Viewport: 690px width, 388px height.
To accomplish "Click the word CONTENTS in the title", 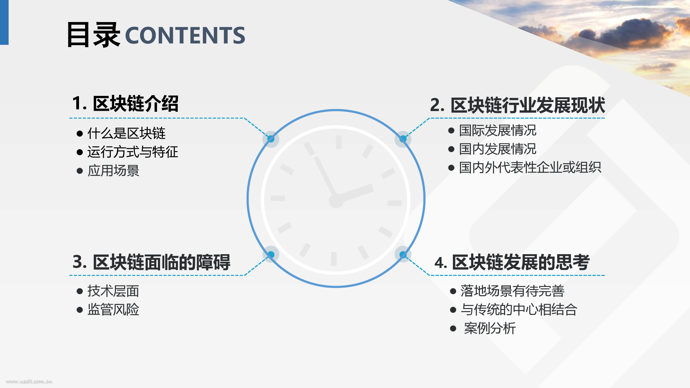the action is point(185,35).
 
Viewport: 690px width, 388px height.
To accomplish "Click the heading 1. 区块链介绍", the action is point(125,103).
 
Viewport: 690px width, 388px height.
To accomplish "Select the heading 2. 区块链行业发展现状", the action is point(517,105).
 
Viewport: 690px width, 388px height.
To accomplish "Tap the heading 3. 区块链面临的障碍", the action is point(151,262).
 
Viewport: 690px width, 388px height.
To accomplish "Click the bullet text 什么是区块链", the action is point(126,133).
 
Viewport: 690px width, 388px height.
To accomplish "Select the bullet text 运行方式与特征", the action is point(133,152).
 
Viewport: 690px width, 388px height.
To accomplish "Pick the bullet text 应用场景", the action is point(113,170).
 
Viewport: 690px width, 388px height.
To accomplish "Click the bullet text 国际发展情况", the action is point(497,130).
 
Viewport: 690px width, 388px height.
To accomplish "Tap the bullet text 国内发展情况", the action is point(497,149).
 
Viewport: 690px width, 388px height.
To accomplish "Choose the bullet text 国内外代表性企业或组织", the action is point(530,168).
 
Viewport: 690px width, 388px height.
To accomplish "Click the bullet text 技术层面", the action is point(113,291).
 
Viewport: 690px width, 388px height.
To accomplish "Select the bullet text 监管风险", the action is point(113,309).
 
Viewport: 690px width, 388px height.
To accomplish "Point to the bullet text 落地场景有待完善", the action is point(512,291).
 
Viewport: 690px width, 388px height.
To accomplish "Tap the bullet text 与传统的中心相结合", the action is point(519,309).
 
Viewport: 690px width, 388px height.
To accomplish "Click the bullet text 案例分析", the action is point(490,328).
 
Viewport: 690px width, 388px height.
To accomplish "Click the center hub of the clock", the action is point(336,200).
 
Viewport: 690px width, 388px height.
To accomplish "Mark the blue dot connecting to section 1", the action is point(271,139).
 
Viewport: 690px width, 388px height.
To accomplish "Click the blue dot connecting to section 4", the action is point(403,255).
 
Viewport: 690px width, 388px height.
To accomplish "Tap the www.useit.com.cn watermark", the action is point(29,381).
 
